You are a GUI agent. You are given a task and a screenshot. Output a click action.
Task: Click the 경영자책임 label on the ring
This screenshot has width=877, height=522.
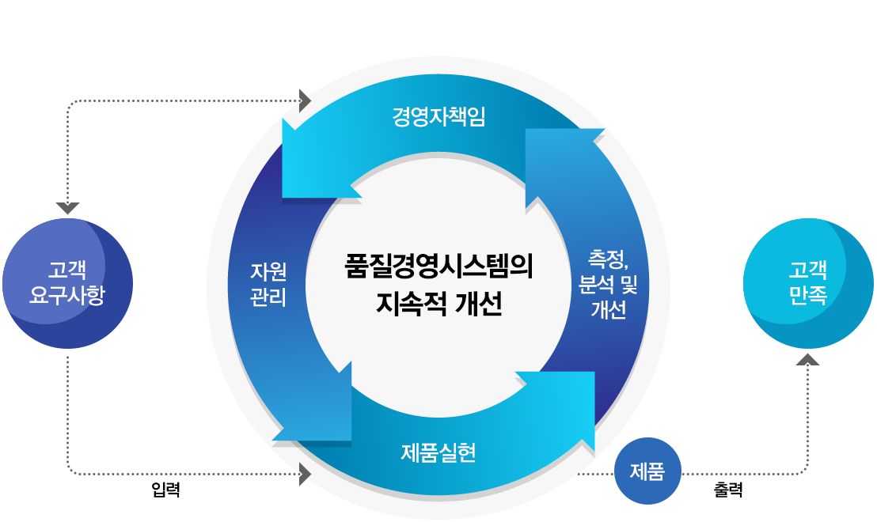point(438,117)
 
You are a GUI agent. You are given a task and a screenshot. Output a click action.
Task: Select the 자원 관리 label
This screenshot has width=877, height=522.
point(268,285)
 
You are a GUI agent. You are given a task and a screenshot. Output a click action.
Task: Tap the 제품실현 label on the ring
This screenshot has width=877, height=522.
point(438,453)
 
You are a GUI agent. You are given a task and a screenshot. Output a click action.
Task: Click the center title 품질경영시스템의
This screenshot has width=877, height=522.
point(438,266)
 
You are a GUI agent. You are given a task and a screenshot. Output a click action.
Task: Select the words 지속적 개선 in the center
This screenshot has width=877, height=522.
point(438,304)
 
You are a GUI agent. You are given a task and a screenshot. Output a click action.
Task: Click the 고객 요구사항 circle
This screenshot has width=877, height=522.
point(68,284)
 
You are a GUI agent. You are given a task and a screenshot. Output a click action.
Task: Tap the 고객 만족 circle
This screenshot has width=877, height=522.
point(808,284)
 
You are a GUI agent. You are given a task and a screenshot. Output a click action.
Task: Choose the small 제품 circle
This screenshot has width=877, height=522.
point(647,471)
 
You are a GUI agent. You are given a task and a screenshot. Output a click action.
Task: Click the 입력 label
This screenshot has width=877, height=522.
point(165,490)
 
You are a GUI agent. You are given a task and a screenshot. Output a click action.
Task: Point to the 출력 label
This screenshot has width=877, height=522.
point(728,490)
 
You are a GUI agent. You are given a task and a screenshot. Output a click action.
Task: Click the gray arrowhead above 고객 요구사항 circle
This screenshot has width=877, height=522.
point(68,208)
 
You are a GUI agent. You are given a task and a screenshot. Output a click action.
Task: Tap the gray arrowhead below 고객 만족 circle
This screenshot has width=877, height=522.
point(808,360)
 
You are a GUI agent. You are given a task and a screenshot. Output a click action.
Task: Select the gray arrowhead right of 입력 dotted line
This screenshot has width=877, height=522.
point(306,475)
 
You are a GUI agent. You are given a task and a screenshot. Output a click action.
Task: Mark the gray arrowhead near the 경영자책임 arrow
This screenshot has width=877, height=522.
point(306,100)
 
